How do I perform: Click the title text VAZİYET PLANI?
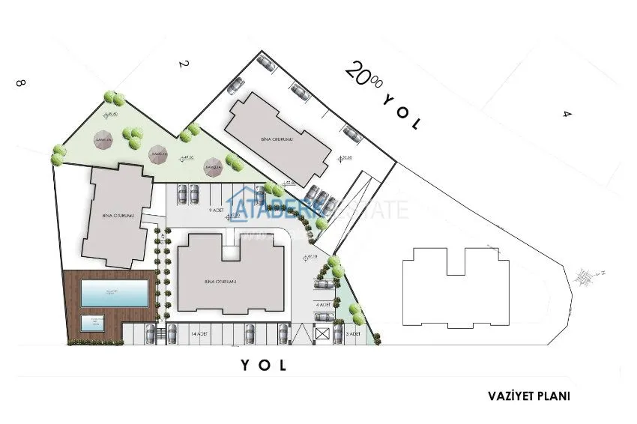[533, 395]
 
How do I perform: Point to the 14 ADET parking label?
[200, 332]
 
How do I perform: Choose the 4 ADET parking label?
[324, 306]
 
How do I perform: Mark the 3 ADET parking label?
[353, 332]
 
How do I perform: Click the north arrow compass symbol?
[585, 276]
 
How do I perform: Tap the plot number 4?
[567, 114]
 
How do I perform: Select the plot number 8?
[20, 84]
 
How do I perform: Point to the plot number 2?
[181, 65]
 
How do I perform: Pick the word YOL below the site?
[263, 366]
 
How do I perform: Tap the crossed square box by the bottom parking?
[323, 334]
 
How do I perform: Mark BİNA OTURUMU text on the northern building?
[281, 139]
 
